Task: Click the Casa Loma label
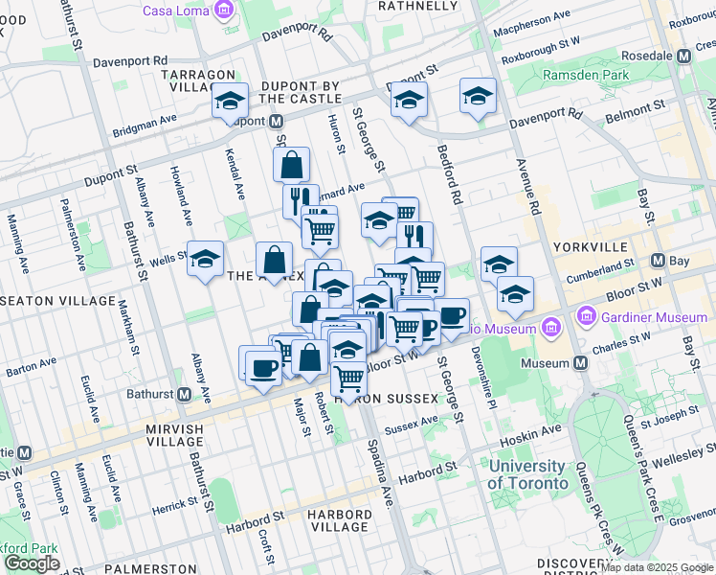(178, 11)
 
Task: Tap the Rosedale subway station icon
(683, 56)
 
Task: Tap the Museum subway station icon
(580, 363)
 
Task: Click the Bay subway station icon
(658, 261)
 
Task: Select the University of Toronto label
(527, 474)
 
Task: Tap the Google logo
(32, 563)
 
